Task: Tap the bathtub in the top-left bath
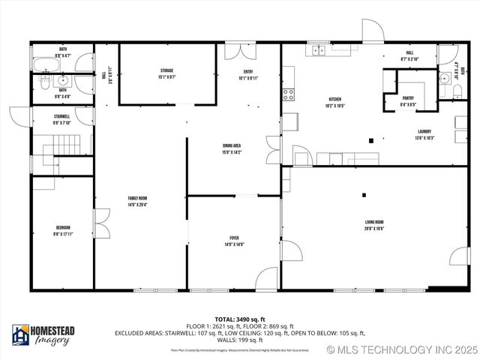(46, 64)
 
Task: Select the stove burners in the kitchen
(288, 94)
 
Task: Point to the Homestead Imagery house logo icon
(20, 335)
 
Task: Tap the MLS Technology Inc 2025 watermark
(401, 350)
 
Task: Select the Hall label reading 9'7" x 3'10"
(409, 55)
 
